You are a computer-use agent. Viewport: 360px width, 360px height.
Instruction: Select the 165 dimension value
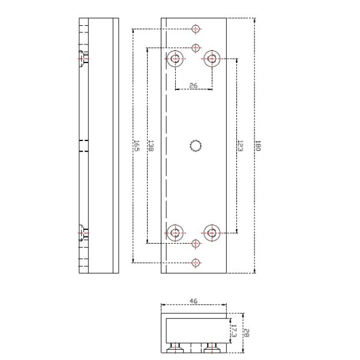coord(136,146)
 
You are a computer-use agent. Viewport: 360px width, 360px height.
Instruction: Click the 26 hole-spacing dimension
coord(193,86)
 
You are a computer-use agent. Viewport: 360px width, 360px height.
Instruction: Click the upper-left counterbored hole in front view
coord(176,59)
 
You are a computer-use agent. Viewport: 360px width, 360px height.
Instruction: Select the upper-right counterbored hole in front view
coord(212,59)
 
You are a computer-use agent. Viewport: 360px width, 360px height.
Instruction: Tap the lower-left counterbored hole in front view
coord(176,232)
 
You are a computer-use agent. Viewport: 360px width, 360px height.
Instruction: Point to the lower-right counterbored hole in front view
coord(212,232)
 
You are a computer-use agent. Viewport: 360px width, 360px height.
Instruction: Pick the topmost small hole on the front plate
coord(194,29)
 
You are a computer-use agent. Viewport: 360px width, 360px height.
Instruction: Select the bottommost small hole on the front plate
coord(194,262)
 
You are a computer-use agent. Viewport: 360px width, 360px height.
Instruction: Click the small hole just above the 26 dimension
coord(194,47)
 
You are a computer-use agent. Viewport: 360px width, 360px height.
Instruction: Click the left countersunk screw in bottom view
coord(176,347)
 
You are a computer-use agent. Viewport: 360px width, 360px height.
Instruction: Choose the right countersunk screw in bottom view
coord(211,347)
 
